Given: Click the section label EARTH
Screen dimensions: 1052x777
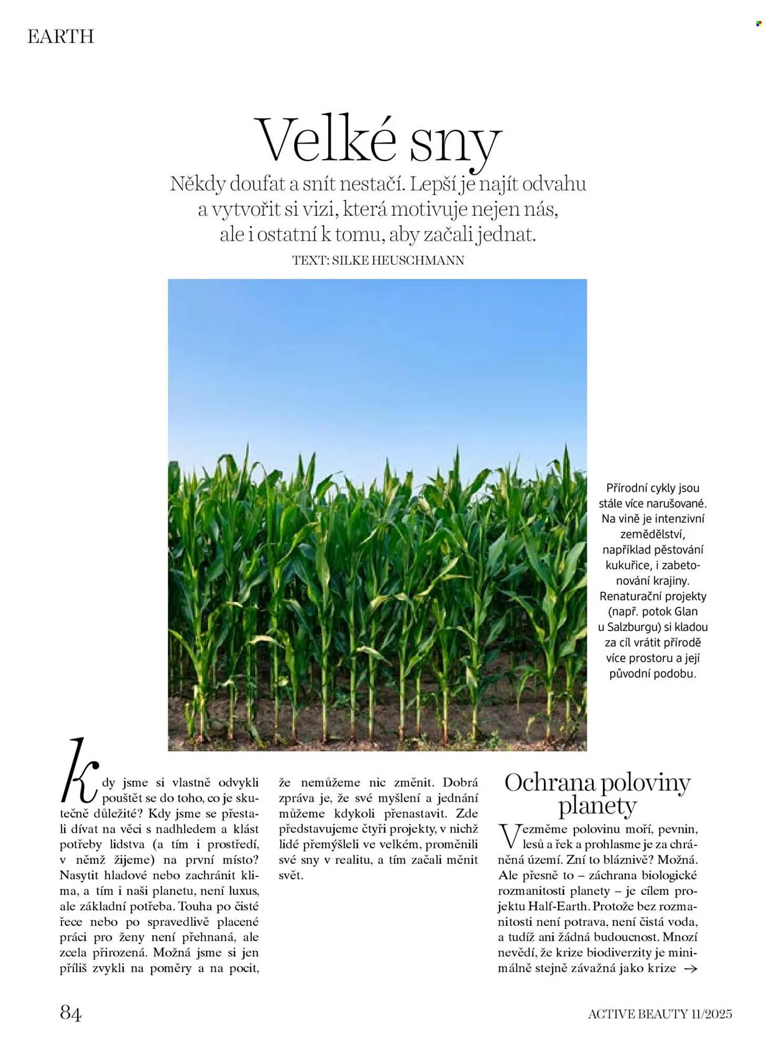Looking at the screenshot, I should point(60,37).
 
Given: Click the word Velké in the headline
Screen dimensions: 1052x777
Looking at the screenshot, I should point(325,141).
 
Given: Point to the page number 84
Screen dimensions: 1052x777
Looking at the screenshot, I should point(70,1012).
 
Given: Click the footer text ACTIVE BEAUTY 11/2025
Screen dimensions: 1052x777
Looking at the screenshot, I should point(660,1014).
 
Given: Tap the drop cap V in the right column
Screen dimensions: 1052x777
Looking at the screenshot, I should point(508,836).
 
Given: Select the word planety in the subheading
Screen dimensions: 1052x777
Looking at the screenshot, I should point(597,806).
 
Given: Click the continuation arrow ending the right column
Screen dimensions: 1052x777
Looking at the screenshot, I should point(690,968).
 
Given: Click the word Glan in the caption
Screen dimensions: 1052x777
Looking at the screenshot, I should point(685,612).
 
